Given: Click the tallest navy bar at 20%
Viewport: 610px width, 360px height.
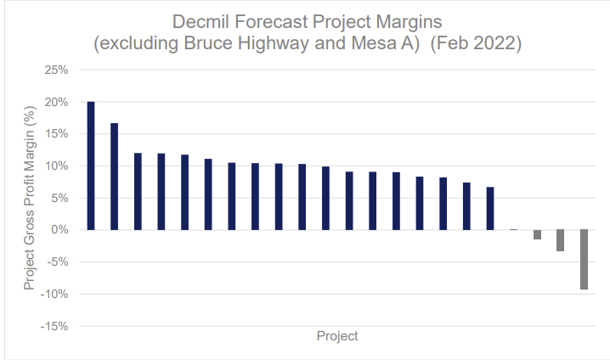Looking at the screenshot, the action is (x=91, y=166).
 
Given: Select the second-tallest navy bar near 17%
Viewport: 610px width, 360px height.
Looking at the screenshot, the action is (x=115, y=177).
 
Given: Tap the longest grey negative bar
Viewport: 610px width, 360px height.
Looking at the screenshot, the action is (x=584, y=259).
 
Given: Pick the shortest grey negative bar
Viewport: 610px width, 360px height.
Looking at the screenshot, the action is (x=537, y=234).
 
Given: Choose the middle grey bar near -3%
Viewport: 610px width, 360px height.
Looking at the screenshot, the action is (x=560, y=240).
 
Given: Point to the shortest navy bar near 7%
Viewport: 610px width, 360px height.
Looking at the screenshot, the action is (x=490, y=208).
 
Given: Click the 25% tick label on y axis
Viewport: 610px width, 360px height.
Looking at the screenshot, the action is (x=56, y=70).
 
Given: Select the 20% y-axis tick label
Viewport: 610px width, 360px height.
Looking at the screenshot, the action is (x=56, y=102).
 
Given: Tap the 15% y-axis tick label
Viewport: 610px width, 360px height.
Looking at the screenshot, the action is (x=56, y=134).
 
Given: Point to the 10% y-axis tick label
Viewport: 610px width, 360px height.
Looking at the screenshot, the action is (x=56, y=166).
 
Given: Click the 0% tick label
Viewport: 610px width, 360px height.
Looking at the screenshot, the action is (x=59, y=230).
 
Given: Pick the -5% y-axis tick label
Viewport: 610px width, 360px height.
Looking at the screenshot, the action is (x=58, y=262).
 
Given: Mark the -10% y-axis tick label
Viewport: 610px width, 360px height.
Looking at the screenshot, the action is (x=54, y=294).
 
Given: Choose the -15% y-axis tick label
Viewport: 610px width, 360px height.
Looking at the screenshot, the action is (x=54, y=326).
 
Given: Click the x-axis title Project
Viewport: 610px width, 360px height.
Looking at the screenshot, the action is (x=337, y=336).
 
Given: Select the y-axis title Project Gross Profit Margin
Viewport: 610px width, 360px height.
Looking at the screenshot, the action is (x=30, y=199).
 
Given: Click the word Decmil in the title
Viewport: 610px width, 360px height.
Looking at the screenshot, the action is (x=201, y=22).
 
